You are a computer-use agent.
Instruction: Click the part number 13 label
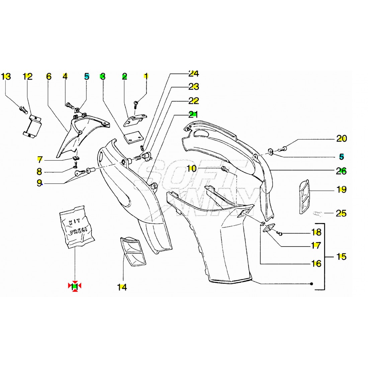[x=6, y=77]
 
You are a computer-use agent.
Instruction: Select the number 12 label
[x=28, y=77]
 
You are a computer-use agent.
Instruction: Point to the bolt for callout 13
[x=23, y=109]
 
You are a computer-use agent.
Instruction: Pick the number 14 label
[x=122, y=287]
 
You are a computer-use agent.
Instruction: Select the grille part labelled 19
[x=304, y=197]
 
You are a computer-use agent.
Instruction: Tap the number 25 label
[x=341, y=213]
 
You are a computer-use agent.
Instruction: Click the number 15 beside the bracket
[x=341, y=257]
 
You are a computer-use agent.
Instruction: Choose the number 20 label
[x=342, y=138]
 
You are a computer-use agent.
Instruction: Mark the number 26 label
[x=342, y=171]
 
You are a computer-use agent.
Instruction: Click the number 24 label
[x=194, y=73]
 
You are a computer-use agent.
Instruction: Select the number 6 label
[x=49, y=77]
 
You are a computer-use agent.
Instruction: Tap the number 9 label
[x=39, y=183]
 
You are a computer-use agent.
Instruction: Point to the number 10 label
[x=191, y=168]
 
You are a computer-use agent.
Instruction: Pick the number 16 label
[x=316, y=264]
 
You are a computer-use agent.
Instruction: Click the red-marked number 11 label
[x=75, y=286]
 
